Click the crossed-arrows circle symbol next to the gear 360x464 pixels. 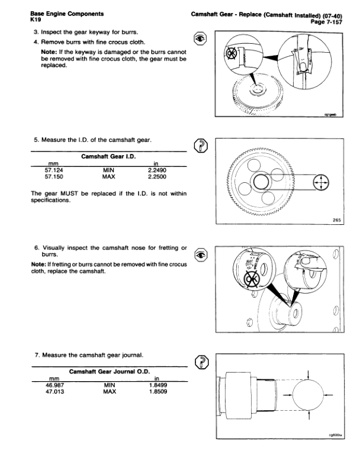(320, 183)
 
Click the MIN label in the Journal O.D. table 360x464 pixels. (108, 384)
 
